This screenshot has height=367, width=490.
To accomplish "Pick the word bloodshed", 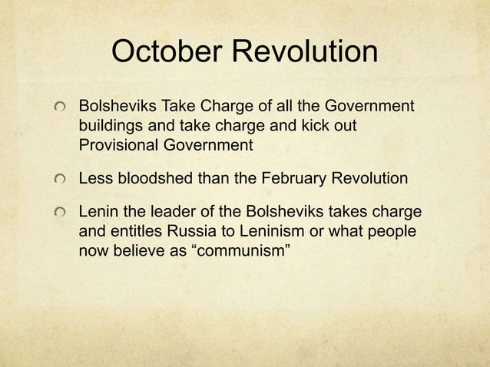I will point(154,179).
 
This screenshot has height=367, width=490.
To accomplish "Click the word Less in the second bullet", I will point(95,179).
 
